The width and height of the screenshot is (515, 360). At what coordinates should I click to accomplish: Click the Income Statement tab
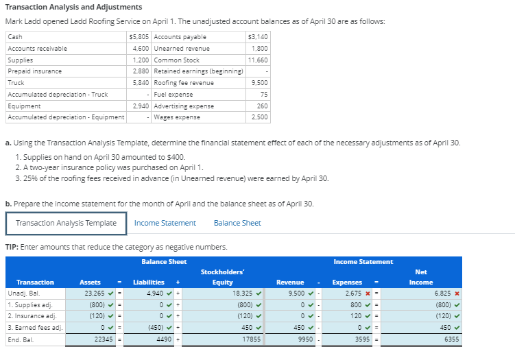point(165,223)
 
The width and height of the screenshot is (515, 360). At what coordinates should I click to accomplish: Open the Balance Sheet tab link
point(237,223)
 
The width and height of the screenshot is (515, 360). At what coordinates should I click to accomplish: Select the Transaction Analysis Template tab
point(66,223)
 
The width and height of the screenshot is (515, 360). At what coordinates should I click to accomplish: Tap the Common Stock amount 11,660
point(257,60)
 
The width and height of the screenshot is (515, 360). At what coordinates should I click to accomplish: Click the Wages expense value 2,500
point(259,117)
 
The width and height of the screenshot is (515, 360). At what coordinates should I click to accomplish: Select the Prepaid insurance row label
point(35,71)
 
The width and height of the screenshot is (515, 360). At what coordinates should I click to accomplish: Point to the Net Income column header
point(420,277)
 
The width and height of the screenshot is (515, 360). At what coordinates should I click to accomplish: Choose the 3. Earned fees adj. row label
point(35,328)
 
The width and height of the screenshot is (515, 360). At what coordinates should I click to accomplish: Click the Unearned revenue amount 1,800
point(259,48)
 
